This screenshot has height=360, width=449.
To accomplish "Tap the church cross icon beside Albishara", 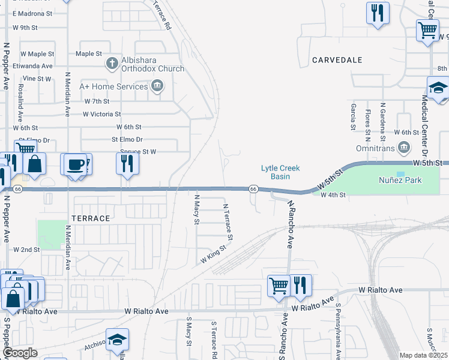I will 111,63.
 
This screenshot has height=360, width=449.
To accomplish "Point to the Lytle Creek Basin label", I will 280,172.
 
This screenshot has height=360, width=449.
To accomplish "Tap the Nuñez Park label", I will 400,180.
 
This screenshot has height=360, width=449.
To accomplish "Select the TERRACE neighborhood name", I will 91,218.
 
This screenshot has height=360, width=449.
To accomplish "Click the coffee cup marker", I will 75,164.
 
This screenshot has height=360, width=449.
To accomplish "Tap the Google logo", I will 19,353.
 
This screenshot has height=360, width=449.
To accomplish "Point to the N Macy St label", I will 196,209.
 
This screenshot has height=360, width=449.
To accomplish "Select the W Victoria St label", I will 102,113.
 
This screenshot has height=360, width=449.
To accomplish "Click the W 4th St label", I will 333,195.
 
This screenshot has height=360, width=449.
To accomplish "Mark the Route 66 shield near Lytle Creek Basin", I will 253,189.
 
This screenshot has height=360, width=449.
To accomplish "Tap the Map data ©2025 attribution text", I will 423,355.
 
